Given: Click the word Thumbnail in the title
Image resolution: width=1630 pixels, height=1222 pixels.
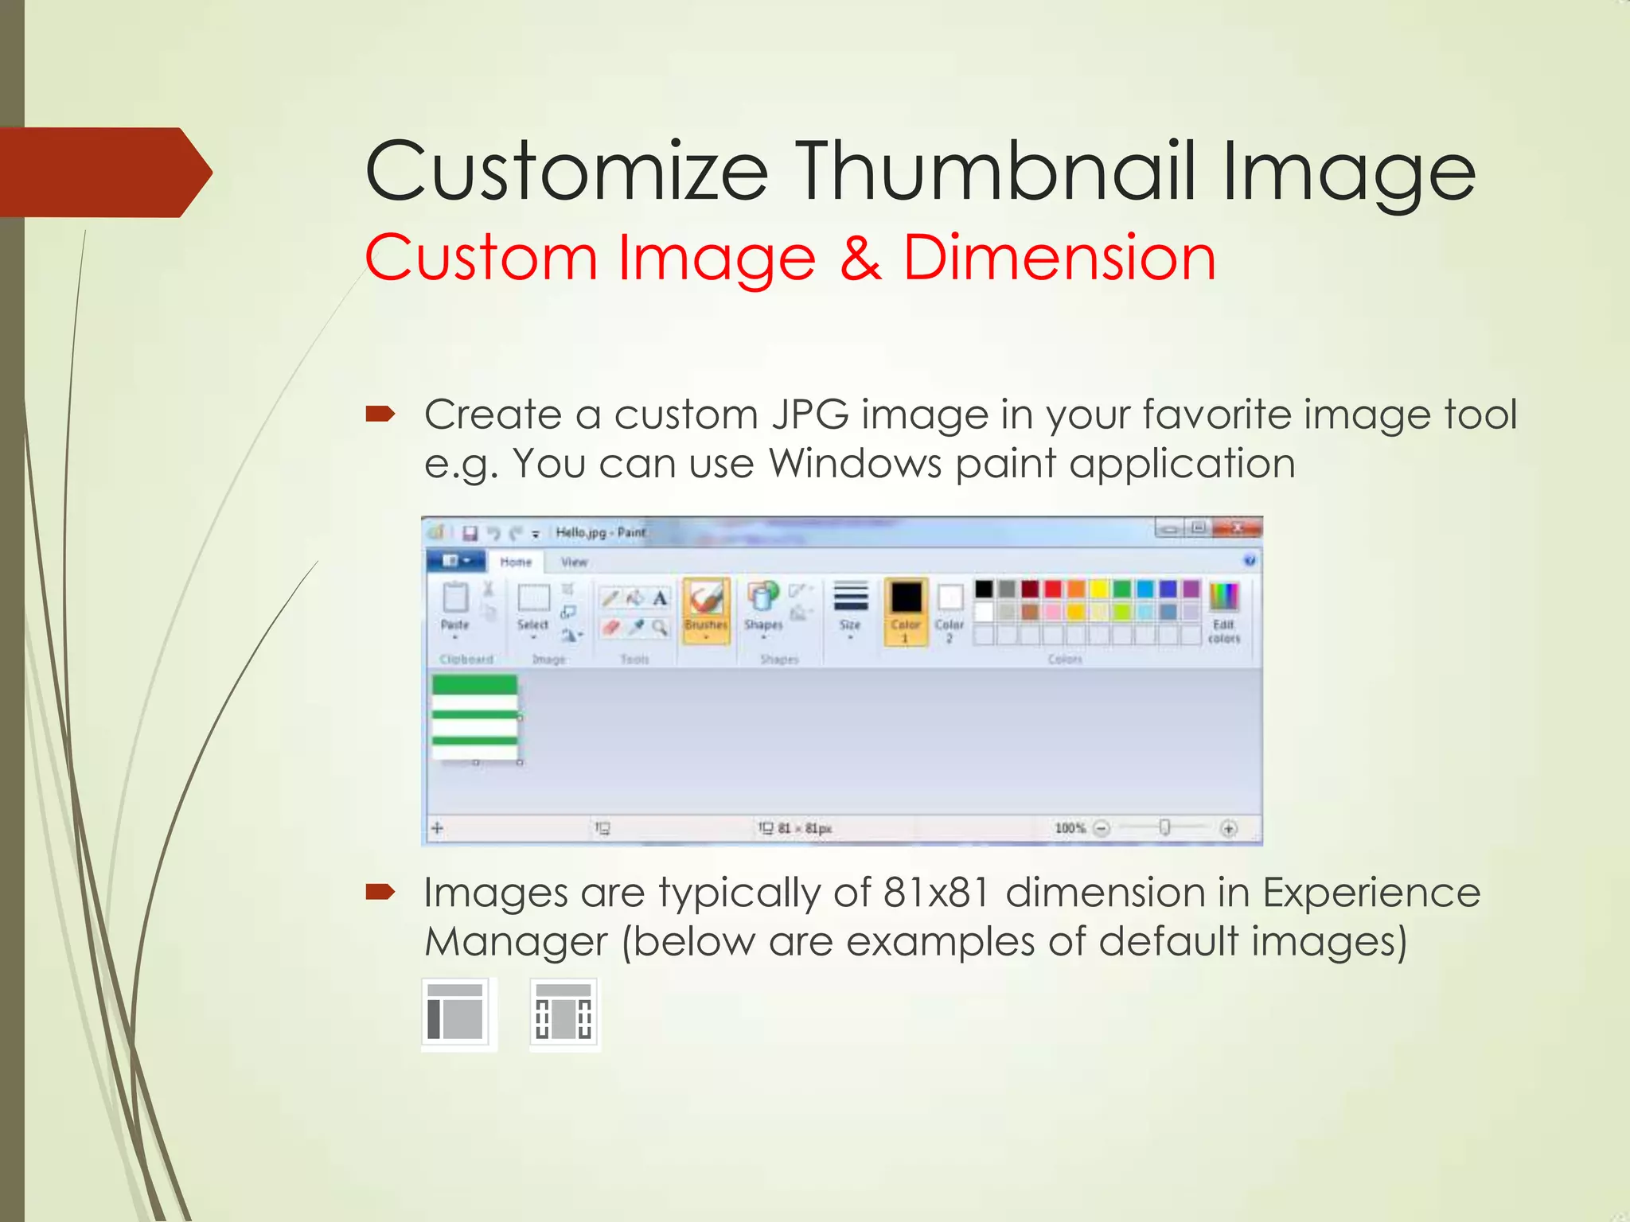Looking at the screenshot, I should coord(996,171).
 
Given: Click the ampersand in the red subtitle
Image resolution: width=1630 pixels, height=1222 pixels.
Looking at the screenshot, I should coord(860,258).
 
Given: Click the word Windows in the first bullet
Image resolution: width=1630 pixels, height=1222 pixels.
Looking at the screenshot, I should coord(855,464).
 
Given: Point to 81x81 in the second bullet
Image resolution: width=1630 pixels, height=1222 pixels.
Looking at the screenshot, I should coord(936,893).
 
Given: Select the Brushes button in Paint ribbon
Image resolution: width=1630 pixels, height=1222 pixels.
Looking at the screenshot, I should coord(706,609).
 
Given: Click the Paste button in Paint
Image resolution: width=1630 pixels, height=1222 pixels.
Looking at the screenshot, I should coord(455,608).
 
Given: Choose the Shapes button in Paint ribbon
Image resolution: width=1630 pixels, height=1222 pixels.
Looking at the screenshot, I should coord(763,608).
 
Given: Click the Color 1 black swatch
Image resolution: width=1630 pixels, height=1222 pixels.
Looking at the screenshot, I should coord(906,598).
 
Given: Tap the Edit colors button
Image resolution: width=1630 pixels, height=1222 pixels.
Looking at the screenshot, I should coord(1223,611).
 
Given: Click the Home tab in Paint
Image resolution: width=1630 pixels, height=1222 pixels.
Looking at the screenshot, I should coord(516,562).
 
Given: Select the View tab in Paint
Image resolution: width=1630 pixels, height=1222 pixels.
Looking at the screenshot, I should coord(574,562).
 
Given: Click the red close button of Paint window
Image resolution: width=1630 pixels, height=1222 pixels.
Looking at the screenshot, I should coord(1238,528).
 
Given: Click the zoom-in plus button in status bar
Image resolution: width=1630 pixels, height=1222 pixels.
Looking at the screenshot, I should coord(1229,829).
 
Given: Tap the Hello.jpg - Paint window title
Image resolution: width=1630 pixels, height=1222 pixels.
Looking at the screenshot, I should coord(600,532).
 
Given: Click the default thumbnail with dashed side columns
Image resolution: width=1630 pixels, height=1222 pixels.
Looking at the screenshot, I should coord(564,1014).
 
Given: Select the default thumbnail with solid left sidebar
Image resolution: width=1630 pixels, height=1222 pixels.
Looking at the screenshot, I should coord(456,1014).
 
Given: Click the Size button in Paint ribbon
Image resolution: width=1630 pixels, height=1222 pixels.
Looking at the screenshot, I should coord(850,609).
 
